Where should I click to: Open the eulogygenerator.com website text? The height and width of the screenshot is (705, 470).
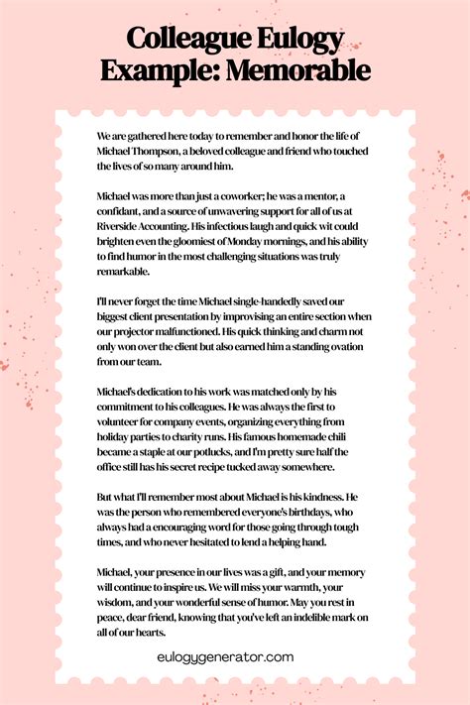pos(226,655)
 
